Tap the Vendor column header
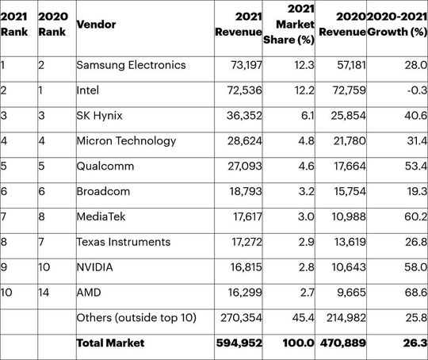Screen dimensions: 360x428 click(95, 25)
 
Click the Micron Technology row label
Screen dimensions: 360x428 click(126, 141)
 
